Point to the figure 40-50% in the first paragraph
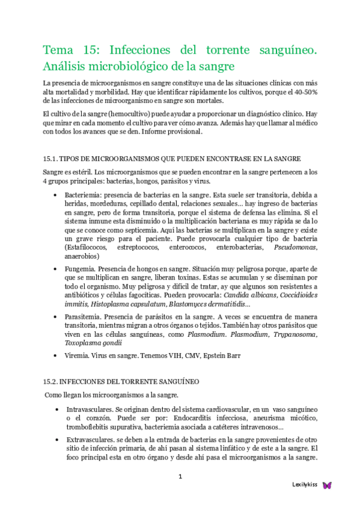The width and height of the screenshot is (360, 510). pyautogui.click(x=304, y=91)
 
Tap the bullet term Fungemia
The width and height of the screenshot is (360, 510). pyautogui.click(x=79, y=267)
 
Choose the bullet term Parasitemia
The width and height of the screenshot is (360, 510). pyautogui.click(x=82, y=316)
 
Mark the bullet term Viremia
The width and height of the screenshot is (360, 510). pyautogui.click(x=76, y=355)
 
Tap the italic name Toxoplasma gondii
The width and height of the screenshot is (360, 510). pyautogui.click(x=93, y=343)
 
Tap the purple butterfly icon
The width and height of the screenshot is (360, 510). pyautogui.click(x=327, y=485)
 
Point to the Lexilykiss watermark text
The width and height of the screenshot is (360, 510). pyautogui.click(x=305, y=485)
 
